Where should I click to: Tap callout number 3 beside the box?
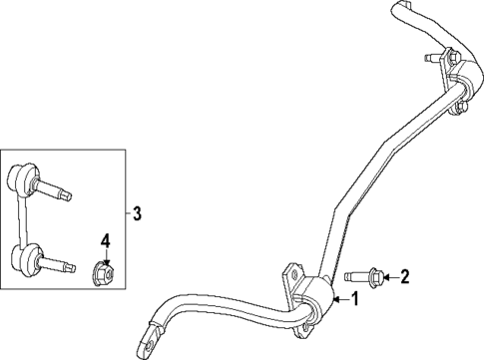[138, 212]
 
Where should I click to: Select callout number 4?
[104, 239]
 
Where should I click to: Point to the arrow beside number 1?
[338, 299]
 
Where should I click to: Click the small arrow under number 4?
[104, 254]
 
